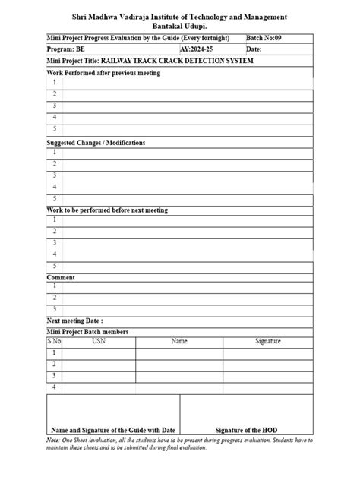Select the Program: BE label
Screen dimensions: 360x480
pyautogui.click(x=66, y=49)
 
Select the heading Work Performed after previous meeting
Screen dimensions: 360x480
pyautogui.click(x=103, y=73)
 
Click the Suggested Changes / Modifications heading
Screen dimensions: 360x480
pyautogui.click(x=96, y=143)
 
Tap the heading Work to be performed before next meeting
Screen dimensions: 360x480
pyautogui.click(x=107, y=210)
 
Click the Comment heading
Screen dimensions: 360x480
pyautogui.click(x=61, y=278)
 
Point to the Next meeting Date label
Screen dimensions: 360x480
pyautogui.click(x=74, y=321)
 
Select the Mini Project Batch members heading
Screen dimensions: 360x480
pyautogui.click(x=87, y=332)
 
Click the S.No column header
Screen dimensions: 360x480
pyautogui.click(x=54, y=342)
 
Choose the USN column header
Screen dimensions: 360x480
pyautogui.click(x=99, y=342)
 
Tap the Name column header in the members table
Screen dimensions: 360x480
pyautogui.click(x=179, y=342)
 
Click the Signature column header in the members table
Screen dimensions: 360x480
pyautogui.click(x=267, y=342)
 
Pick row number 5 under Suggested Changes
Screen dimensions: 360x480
pyautogui.click(x=55, y=199)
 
